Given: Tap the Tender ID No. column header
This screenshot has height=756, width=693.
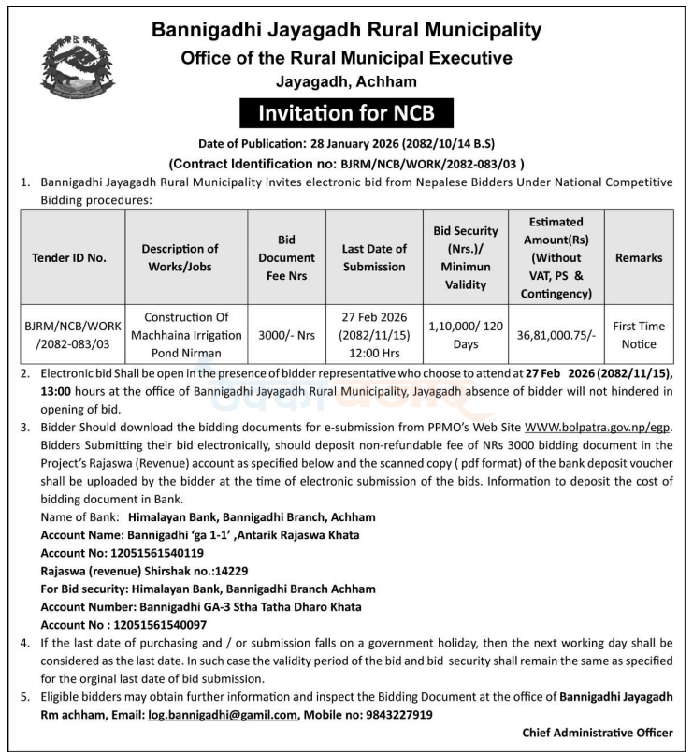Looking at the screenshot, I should (x=70, y=256).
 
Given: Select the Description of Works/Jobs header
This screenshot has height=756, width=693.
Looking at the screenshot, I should (x=180, y=256).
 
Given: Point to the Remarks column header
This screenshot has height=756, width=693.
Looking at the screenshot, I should (x=638, y=256).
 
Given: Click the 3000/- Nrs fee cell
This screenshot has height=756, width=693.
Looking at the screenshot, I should (x=286, y=334).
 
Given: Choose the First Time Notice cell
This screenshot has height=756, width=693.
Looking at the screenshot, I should (x=638, y=334).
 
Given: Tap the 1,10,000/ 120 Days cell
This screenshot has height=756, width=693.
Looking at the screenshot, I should (x=466, y=334).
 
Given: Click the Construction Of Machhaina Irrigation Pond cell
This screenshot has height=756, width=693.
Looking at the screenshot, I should (x=180, y=334).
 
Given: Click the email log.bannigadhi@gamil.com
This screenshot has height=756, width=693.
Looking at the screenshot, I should (x=223, y=714).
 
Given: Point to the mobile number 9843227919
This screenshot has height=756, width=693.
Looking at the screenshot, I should (x=398, y=714).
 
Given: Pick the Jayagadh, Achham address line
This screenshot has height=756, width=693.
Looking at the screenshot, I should (x=346, y=80).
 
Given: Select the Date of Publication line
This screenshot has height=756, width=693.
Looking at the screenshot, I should (x=346, y=143).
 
